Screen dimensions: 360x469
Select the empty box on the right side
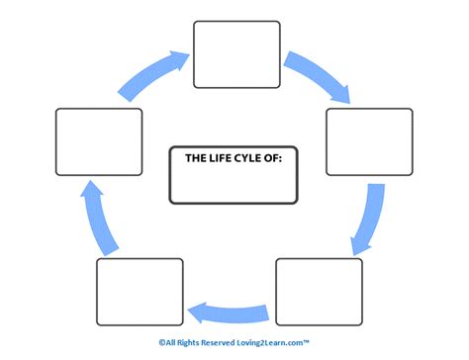click(369, 141)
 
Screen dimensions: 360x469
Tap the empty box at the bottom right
click(319, 292)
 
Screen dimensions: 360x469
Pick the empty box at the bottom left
click(140, 292)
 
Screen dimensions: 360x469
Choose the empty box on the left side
click(99, 141)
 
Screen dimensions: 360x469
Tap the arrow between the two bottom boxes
click(231, 311)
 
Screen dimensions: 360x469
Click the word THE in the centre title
click(197, 155)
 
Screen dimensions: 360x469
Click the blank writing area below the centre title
click(234, 183)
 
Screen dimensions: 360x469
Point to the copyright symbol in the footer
click(161, 342)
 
